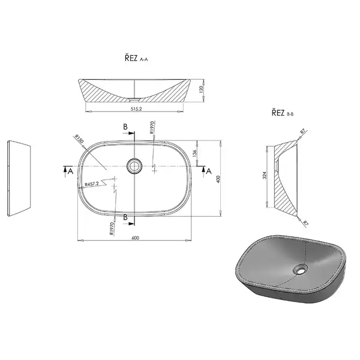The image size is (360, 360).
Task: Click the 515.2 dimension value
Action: [136, 109]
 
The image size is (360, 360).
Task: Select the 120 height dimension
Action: [202, 89]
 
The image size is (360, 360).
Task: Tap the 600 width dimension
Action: [136, 238]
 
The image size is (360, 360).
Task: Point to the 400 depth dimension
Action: [218, 179]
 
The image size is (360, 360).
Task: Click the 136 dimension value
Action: [194, 153]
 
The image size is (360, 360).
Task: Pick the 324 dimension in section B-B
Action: [265, 175]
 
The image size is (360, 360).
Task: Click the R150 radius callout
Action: [79, 139]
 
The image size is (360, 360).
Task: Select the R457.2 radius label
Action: [92, 184]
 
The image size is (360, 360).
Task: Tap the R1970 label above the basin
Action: [152, 127]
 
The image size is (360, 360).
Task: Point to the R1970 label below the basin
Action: [112, 229]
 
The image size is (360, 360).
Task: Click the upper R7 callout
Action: [303, 132]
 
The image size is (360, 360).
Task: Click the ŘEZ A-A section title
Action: [136, 58]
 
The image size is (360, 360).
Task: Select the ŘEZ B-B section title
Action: [283, 113]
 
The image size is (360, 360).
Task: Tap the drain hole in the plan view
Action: [134, 166]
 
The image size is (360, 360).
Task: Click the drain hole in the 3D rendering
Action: [301, 269]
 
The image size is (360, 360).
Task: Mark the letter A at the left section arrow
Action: [70, 171]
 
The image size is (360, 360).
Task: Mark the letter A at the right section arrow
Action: [209, 171]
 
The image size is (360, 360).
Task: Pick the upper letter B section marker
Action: [125, 127]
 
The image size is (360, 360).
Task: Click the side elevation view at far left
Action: [19, 178]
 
